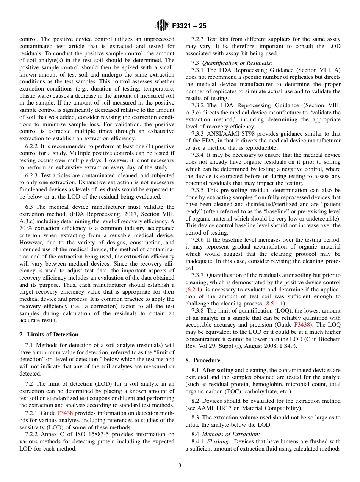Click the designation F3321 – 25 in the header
click(189, 26)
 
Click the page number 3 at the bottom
click(180, 466)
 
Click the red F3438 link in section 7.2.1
click(65, 413)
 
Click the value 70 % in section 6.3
click(25, 228)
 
